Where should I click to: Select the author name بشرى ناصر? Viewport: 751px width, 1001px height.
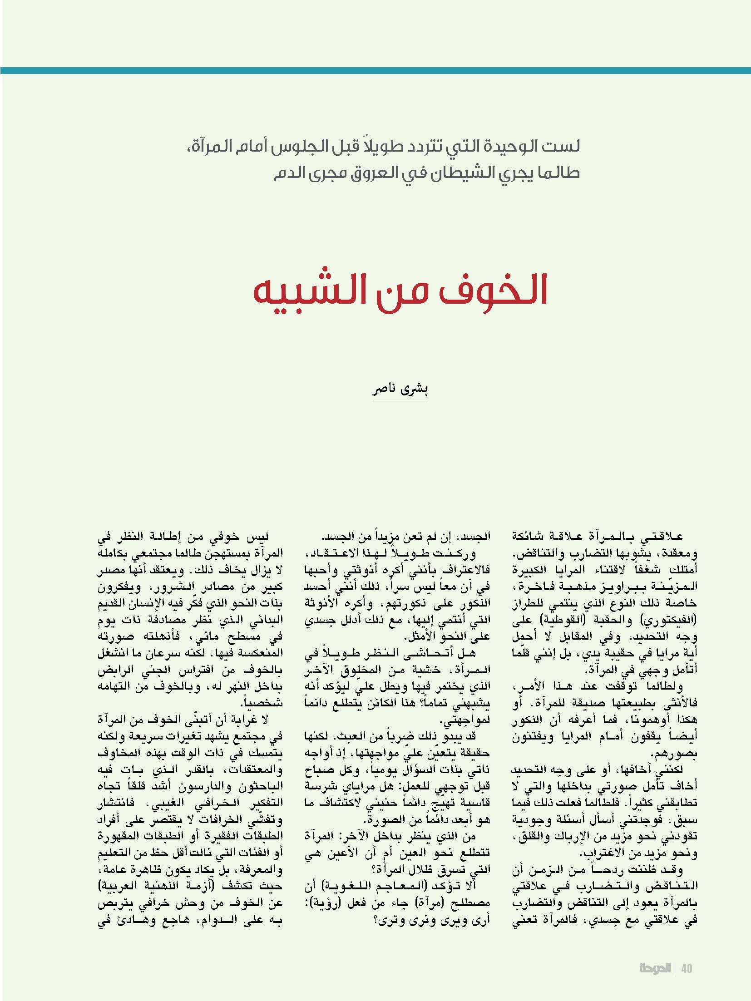400,390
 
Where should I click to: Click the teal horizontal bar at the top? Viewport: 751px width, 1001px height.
375,70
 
